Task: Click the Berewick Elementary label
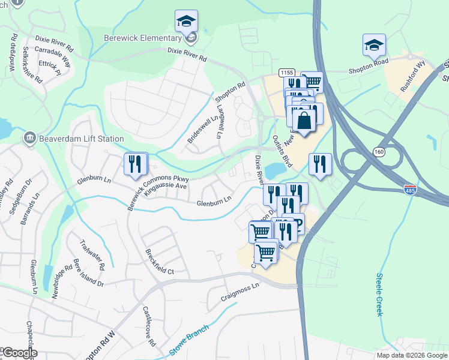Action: tap(143, 38)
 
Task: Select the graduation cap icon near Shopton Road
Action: tap(374, 45)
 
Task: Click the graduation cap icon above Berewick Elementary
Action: tap(187, 22)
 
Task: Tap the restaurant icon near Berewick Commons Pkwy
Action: tap(135, 164)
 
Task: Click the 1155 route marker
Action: tap(287, 73)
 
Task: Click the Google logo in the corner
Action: tap(20, 353)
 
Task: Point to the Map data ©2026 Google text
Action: tap(411, 355)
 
